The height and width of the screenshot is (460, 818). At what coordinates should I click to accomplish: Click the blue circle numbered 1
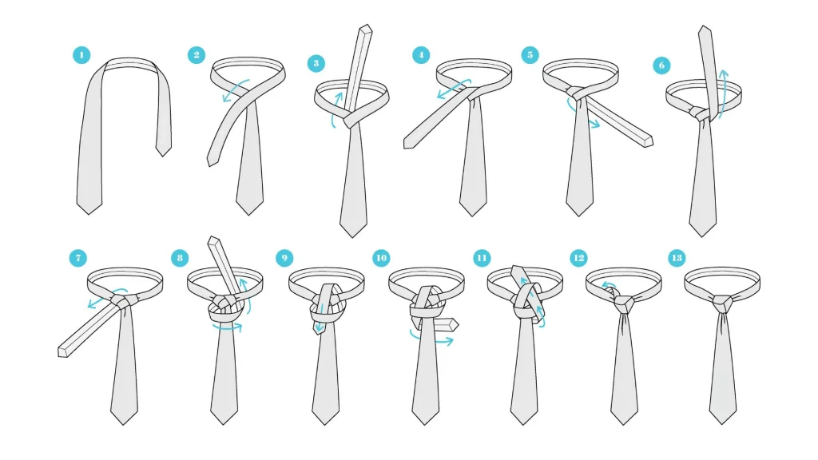(81, 55)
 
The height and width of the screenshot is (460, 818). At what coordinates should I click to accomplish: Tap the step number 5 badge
(530, 55)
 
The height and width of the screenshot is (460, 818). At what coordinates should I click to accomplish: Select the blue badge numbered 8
(180, 258)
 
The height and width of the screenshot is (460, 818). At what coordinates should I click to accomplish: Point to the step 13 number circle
(677, 258)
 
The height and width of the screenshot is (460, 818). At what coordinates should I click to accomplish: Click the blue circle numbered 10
(381, 258)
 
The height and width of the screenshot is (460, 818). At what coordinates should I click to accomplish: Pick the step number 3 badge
(316, 64)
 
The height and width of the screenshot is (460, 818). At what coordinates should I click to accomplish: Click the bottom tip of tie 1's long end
(89, 214)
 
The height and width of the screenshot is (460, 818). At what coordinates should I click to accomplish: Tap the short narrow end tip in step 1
(163, 156)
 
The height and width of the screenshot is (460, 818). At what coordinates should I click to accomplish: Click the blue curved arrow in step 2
(235, 89)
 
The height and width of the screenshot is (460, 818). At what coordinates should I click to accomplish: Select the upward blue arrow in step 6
(723, 94)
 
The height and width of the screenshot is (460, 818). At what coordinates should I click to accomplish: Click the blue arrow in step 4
(453, 89)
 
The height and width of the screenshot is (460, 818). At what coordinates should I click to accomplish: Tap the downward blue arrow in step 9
(320, 318)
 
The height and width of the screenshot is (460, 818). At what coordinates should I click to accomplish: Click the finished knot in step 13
(723, 302)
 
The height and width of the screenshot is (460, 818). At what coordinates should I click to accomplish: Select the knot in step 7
(124, 301)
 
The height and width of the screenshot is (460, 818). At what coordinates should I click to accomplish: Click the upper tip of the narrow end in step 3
(366, 28)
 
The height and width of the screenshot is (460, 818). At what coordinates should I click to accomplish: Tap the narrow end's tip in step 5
(649, 141)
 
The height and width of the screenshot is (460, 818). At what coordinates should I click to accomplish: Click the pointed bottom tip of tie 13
(722, 423)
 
